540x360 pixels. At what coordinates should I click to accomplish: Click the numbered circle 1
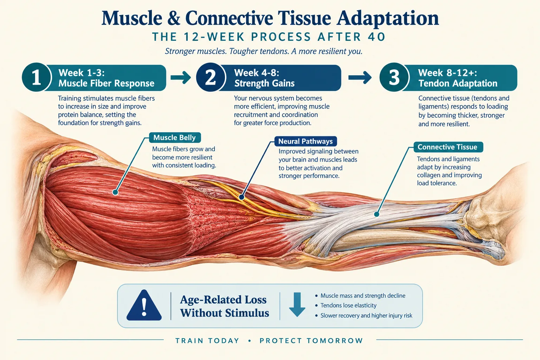(37, 77)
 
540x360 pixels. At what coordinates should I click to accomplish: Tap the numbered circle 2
(211, 77)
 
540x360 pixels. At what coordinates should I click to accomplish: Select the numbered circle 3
(394, 77)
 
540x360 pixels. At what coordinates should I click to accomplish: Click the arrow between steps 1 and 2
(181, 77)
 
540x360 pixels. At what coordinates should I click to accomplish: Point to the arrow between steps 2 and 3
(360, 77)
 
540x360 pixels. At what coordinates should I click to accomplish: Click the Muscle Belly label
(175, 137)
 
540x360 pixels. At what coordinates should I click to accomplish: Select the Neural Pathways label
(306, 141)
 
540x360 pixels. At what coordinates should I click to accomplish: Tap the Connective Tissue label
(448, 147)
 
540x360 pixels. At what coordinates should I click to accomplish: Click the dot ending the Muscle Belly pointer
(115, 192)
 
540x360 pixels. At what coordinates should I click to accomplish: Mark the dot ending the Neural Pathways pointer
(242, 197)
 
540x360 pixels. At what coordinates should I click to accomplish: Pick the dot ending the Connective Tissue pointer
(377, 214)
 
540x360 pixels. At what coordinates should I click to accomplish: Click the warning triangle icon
(144, 305)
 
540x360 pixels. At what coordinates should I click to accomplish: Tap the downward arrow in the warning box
(297, 304)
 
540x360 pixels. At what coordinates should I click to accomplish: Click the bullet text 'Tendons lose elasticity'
(348, 306)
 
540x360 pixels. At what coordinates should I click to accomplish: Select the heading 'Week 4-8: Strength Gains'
(264, 78)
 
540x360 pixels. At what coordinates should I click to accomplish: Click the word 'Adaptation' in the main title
(388, 18)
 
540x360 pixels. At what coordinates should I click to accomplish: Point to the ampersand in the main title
(173, 18)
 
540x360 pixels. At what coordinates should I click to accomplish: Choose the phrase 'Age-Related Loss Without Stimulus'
(224, 306)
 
